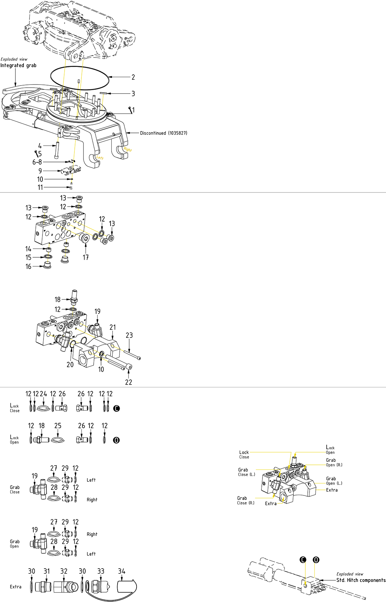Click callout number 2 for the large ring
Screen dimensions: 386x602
[x=133, y=77]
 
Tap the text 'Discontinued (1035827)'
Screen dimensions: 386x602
[x=164, y=133]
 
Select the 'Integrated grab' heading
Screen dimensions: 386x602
[x=18, y=66]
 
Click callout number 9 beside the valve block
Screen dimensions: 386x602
[x=40, y=171]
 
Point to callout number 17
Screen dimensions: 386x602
[x=86, y=257]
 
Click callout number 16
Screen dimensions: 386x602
[x=28, y=266]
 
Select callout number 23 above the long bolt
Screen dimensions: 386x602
[x=129, y=336]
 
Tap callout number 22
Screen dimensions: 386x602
[x=129, y=382]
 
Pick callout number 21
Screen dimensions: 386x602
[x=113, y=327]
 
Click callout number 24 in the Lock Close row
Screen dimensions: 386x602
[x=44, y=394]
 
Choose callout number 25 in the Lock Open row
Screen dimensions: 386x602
[x=58, y=426]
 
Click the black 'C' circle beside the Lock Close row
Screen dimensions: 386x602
[x=117, y=408]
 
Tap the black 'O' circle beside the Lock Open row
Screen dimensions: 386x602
[x=117, y=440]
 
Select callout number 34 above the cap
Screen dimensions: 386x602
[x=122, y=571]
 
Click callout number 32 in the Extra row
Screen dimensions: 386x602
[x=64, y=571]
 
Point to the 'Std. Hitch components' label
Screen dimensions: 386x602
[x=361, y=580]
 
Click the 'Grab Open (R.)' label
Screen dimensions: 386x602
[x=334, y=462]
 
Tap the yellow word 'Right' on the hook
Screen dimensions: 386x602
[x=128, y=150]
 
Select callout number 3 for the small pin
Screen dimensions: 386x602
[x=133, y=94]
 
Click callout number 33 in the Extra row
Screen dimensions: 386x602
[x=101, y=571]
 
